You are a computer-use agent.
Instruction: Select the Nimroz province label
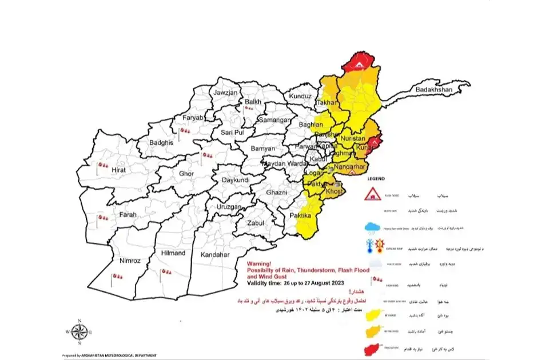(x=130, y=261)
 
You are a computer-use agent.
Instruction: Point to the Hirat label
(x=118, y=170)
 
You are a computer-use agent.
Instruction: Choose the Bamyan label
(x=263, y=148)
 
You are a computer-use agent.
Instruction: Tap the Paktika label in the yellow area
(x=300, y=215)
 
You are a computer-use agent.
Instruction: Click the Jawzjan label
(x=225, y=93)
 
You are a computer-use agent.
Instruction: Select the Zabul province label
(x=255, y=223)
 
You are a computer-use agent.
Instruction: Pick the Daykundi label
(x=232, y=179)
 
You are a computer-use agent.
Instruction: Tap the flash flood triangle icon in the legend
(x=373, y=195)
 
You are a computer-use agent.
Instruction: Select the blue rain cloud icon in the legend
(x=372, y=227)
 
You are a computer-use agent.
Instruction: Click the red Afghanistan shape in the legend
(x=372, y=348)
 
